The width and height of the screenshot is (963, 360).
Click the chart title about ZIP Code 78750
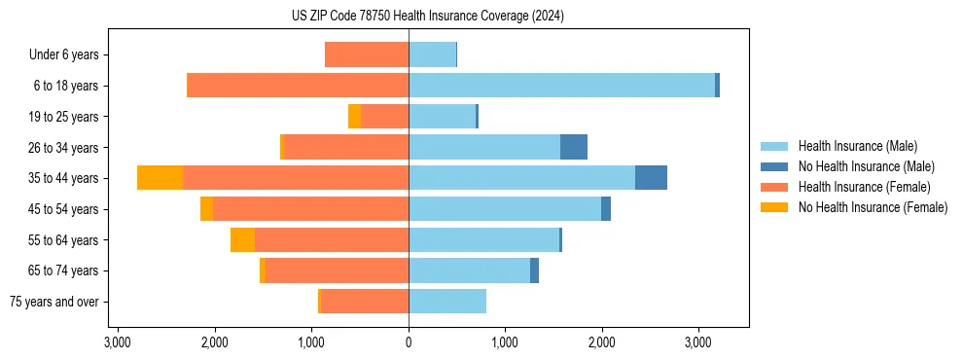pos(427,16)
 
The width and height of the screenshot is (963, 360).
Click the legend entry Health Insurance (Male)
pos(857,147)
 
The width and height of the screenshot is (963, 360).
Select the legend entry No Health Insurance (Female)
pos(873,207)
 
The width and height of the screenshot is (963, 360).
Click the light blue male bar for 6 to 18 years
pos(561,86)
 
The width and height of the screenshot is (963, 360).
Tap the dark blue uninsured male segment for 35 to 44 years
pos(651,178)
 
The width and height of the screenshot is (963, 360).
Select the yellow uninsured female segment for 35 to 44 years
pos(160,178)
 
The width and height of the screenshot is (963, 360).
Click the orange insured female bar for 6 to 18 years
pos(298,86)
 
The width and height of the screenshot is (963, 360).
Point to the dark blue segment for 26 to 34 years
pos(574,147)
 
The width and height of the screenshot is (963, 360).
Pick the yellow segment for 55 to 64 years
pos(242,239)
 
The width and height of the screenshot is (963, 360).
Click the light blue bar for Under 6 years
pos(432,54)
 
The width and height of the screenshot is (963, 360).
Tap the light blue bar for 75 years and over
pos(447,302)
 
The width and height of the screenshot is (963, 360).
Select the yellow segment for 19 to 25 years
pos(354,117)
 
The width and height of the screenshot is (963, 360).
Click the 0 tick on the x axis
pos(409,343)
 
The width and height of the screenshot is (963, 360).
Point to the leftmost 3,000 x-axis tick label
pos(117,343)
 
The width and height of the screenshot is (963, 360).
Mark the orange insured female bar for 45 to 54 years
pos(310,209)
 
